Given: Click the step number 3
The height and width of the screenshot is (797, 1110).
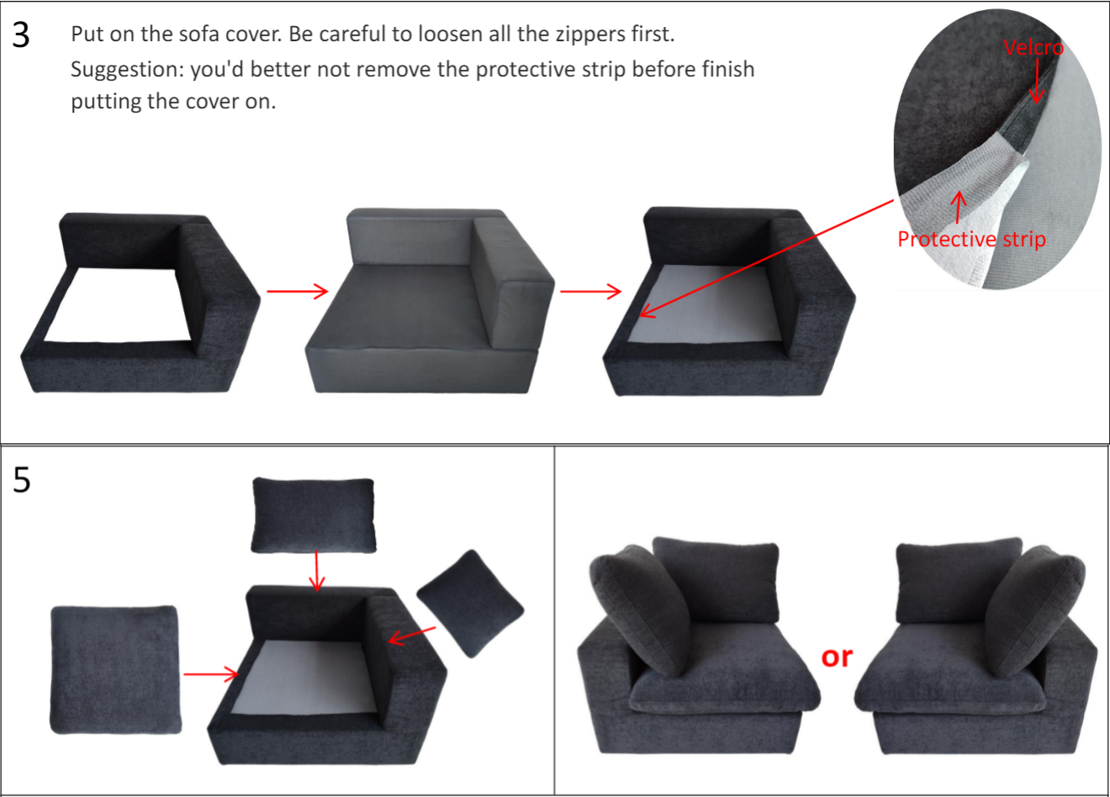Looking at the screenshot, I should point(21,35).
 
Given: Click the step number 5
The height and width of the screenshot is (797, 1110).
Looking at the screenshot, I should point(21,480).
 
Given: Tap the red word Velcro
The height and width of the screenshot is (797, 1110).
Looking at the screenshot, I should point(1033,48).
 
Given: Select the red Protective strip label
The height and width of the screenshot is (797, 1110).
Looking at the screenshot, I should point(971,240).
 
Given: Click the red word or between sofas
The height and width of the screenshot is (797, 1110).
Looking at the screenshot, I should point(837,657).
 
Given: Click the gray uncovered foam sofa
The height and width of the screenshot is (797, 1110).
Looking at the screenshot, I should point(429,303).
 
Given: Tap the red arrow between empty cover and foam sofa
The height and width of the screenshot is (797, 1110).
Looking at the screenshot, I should point(297,292).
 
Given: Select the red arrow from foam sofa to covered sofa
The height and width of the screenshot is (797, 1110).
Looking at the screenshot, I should point(590,292).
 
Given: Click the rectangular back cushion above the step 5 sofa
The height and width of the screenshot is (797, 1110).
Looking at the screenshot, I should point(314,515).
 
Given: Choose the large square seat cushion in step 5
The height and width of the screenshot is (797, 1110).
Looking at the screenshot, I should point(115,669).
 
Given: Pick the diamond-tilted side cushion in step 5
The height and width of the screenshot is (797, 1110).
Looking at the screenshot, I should point(470,603).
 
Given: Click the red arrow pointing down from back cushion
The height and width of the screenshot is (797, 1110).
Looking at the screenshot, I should point(316,572).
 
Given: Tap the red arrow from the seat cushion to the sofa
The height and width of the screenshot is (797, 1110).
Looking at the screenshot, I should point(211,673).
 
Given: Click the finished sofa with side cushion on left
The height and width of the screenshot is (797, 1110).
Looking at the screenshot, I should point(698,647).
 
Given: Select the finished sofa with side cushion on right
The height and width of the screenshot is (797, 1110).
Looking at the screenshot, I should point(980,647).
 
